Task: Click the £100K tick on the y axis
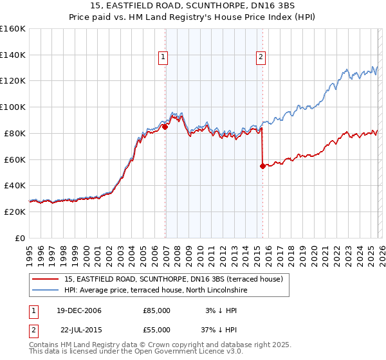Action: [13, 107]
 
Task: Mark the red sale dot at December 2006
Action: [165, 127]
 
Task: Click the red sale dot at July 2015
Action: [262, 166]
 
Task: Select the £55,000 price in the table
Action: [157, 331]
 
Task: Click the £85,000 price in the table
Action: [157, 310]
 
